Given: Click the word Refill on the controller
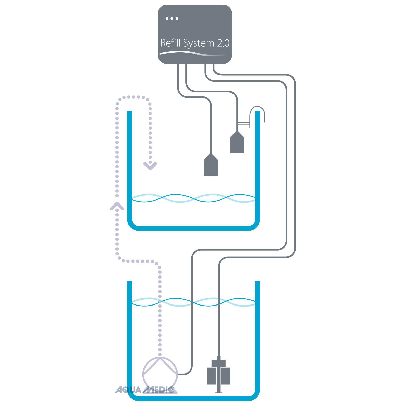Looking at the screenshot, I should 170,43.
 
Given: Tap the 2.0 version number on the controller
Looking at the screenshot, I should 223,43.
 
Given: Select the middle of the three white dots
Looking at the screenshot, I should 172,18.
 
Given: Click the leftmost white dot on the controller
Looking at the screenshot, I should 167,18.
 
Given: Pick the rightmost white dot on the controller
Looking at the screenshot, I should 177,18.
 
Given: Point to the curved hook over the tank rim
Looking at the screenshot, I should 257,112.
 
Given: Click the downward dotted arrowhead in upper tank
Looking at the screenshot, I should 150,166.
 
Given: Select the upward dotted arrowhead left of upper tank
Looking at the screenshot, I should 117,206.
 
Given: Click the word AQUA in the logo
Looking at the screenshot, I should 128,390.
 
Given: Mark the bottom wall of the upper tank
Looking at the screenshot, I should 193,228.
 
